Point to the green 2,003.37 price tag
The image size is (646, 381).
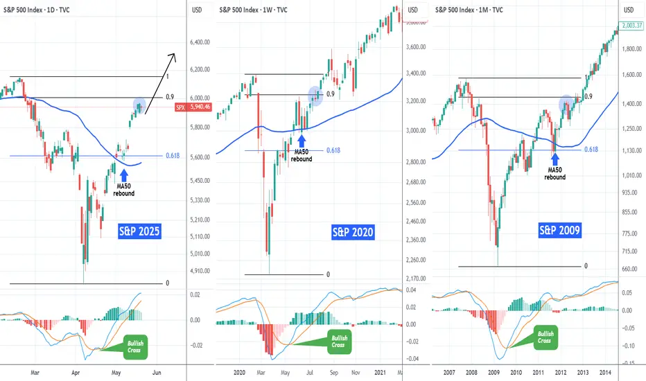pyautogui.click(x=629, y=24)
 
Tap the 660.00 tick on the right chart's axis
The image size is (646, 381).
pyautogui.click(x=629, y=269)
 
